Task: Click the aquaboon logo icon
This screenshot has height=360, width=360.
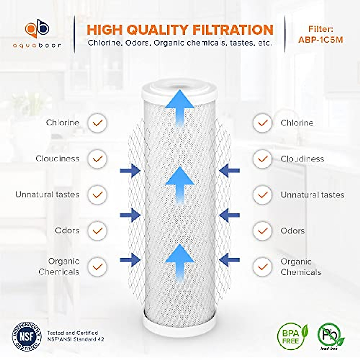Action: click(x=37, y=29)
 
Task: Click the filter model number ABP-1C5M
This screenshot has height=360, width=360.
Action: click(x=320, y=40)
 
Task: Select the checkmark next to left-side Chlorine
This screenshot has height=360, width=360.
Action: click(x=97, y=123)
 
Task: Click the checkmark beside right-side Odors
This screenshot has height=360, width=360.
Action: click(x=263, y=231)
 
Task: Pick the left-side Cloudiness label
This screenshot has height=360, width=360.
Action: click(x=57, y=158)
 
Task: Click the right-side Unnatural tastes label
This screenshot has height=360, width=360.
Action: click(x=312, y=195)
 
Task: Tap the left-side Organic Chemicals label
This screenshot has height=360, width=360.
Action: click(x=59, y=266)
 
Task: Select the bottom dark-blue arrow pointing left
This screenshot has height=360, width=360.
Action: click(x=229, y=260)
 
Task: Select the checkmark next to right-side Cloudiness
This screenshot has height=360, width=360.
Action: click(x=263, y=159)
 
